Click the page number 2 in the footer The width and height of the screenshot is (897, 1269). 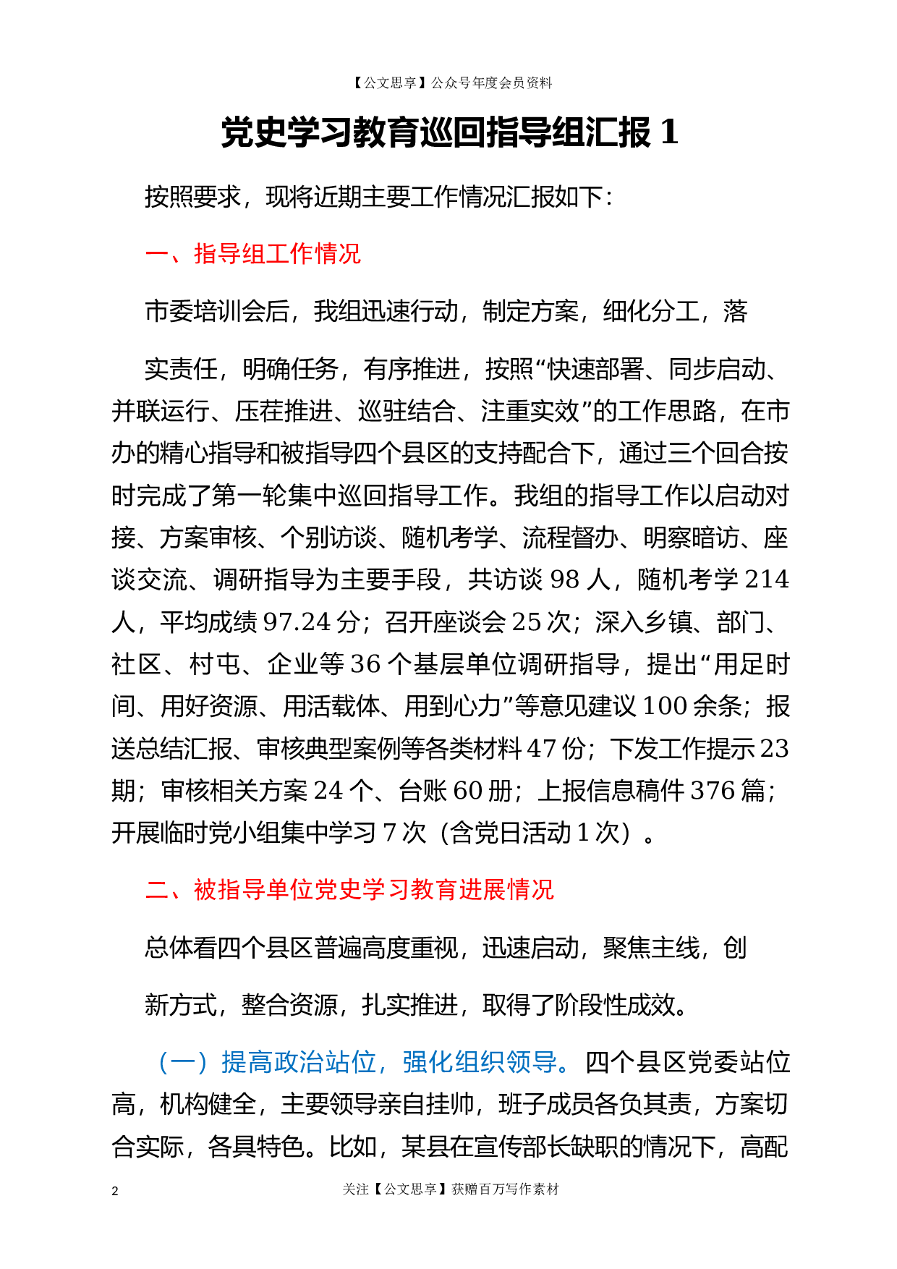[x=115, y=1191]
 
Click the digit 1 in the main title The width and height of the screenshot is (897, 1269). [x=669, y=132]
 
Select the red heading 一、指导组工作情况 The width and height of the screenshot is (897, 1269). [x=252, y=254]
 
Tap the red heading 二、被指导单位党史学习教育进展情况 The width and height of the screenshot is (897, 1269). [x=349, y=889]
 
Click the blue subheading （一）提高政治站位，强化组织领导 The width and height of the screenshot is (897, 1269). [x=358, y=1062]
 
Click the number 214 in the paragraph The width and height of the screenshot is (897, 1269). [x=766, y=580]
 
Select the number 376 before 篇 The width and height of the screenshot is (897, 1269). [x=713, y=791]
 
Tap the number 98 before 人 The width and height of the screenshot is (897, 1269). [x=565, y=580]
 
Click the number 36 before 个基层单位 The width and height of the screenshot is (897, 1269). [x=365, y=664]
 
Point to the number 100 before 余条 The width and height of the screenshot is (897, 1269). [x=664, y=706]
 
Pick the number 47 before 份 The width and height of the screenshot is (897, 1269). [x=541, y=748]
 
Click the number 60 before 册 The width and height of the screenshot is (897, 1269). [x=467, y=791]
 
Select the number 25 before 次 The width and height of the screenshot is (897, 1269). [x=527, y=621]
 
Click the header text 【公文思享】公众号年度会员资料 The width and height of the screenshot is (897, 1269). [x=451, y=83]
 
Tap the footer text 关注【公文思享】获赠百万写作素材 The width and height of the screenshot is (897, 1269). [x=451, y=1189]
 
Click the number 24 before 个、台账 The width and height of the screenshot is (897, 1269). [x=328, y=791]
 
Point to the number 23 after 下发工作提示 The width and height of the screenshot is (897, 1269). [x=774, y=748]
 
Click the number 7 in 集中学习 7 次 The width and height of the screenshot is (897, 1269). [x=389, y=833]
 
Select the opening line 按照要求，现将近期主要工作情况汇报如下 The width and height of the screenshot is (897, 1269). [x=378, y=197]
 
